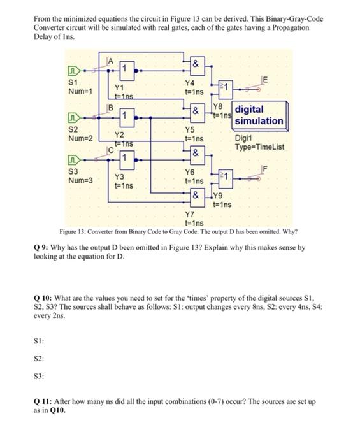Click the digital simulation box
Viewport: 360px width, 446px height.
tap(259, 115)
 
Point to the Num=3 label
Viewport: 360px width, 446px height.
tap(80, 180)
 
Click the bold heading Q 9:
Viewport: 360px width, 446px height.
tap(43, 247)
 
